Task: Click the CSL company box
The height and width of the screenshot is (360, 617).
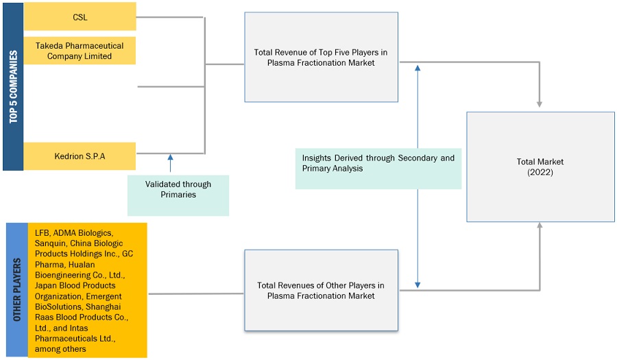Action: [x=80, y=16]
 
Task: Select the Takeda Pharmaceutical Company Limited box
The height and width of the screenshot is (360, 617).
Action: [x=80, y=51]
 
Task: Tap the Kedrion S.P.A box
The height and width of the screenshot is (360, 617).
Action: [x=80, y=156]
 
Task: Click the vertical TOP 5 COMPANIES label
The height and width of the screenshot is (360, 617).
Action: [x=13, y=86]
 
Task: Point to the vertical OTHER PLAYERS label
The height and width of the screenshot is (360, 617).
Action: [x=16, y=290]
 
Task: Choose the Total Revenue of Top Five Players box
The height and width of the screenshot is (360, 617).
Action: [x=321, y=57]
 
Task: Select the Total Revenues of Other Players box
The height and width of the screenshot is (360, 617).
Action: [x=321, y=291]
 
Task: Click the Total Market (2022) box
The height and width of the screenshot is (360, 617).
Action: [x=540, y=167]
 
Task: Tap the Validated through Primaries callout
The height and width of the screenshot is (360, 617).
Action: [x=178, y=189]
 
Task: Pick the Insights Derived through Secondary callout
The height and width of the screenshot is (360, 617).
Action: [x=378, y=163]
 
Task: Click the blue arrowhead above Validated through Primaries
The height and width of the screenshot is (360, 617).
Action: [x=170, y=158]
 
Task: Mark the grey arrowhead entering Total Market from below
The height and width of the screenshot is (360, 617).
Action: [x=540, y=227]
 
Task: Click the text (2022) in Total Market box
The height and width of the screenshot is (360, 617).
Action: [x=540, y=172]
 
